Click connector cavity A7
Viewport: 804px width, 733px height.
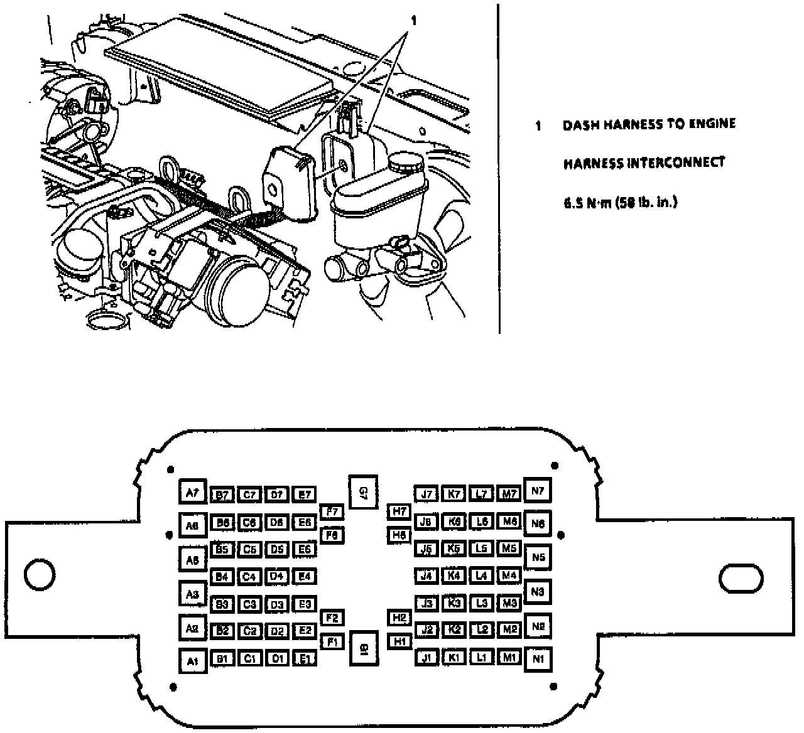192,493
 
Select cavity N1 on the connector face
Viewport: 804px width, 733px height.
537,659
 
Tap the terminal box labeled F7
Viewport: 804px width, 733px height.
332,512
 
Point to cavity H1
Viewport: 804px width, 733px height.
399,641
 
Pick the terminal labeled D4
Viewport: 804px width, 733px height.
277,575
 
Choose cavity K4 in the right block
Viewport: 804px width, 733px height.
454,575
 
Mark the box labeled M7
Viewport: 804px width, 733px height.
509,494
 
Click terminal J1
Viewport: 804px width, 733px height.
427,658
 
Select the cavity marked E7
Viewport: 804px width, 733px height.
305,495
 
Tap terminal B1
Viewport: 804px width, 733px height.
222,658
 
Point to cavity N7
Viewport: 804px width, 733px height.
537,491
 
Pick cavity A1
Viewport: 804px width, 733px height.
192,660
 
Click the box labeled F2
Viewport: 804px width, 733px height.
332,618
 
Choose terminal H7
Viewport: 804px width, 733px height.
399,511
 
